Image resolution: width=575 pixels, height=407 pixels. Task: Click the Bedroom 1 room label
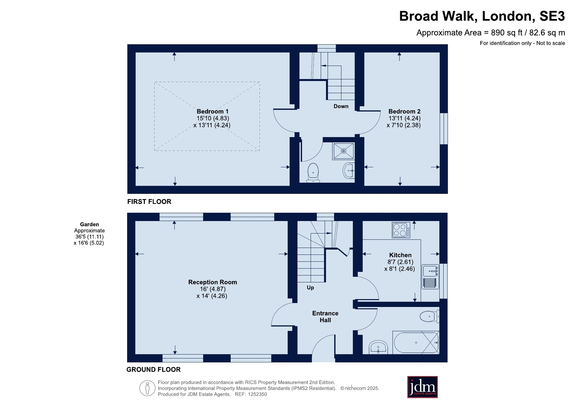click(212, 112)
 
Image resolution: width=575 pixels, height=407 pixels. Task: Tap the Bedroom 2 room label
click(404, 112)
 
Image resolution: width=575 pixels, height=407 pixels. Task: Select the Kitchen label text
click(400, 255)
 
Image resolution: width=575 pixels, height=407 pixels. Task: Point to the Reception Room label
click(213, 282)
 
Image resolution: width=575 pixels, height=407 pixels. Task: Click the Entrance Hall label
click(325, 317)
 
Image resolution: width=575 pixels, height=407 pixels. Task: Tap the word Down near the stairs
click(341, 107)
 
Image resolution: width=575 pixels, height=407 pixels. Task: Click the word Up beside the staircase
click(310, 288)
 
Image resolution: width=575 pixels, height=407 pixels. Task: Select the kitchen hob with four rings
click(401, 230)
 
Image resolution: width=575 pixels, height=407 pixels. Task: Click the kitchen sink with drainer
click(430, 277)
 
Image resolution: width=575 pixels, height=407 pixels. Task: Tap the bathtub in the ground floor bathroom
click(416, 343)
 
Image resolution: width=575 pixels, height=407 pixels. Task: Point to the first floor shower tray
click(343, 151)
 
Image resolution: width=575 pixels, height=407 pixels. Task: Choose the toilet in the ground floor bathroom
click(429, 316)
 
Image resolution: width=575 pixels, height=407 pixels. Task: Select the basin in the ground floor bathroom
click(378, 347)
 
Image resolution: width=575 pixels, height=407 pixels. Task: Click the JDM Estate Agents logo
click(422, 387)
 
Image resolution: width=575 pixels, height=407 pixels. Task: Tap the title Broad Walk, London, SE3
click(482, 16)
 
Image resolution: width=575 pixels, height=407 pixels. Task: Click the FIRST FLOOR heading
click(149, 202)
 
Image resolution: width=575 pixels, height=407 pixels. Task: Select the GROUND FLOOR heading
click(154, 370)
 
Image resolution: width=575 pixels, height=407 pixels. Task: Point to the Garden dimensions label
click(89, 234)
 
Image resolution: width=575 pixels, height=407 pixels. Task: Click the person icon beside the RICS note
click(147, 388)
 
